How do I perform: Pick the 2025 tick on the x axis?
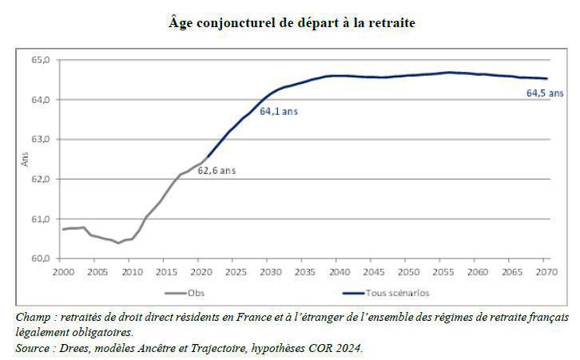click(234, 272)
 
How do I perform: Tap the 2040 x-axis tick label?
click(338, 272)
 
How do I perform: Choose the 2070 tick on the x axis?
click(545, 272)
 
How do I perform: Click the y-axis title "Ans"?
click(24, 159)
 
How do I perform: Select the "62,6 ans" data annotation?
click(217, 170)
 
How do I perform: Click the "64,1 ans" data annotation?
click(279, 112)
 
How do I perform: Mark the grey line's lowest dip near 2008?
click(118, 243)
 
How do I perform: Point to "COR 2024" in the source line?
click(337, 348)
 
